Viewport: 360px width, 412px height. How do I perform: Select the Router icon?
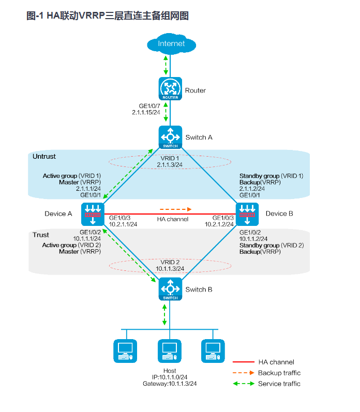point(170,89)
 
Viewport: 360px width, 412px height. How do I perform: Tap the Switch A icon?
point(170,137)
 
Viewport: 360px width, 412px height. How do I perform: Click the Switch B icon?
point(170,289)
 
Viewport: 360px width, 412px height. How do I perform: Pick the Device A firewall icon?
point(93,213)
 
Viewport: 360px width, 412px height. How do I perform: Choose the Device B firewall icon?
point(247,213)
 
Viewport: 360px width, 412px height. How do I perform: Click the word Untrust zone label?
point(44,156)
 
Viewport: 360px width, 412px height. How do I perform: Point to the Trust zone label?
point(41,235)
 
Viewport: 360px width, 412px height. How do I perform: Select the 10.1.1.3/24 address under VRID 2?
point(170,269)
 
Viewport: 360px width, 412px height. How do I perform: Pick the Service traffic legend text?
point(279,384)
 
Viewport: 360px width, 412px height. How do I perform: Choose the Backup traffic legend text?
point(279,373)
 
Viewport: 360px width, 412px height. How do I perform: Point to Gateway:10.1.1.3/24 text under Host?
point(170,384)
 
